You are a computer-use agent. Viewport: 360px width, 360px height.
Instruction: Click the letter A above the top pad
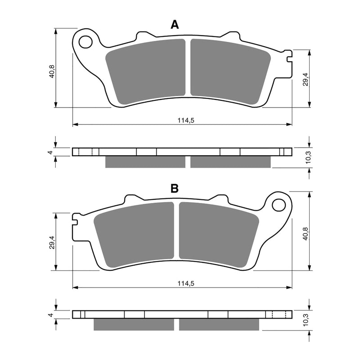tap(175, 25)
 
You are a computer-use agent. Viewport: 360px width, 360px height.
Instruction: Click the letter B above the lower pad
tap(175, 188)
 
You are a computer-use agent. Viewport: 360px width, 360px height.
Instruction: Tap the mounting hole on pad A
tap(85, 42)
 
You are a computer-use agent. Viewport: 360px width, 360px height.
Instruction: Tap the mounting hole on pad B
tap(279, 205)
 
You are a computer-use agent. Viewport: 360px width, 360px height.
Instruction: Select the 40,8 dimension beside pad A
tap(52, 72)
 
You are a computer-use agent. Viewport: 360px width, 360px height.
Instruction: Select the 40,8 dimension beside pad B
tap(306, 234)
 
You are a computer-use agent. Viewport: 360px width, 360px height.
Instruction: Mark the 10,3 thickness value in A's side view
tap(306, 158)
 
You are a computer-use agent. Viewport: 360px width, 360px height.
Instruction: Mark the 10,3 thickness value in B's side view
tap(306, 321)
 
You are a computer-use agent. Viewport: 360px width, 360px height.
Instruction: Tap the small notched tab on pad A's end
tap(288, 56)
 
